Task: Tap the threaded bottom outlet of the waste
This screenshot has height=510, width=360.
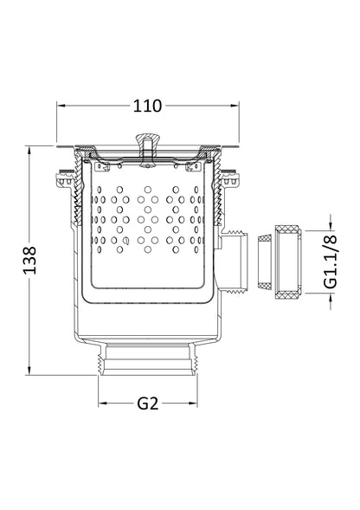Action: click(148, 360)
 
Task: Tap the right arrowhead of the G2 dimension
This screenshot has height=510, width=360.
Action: click(194, 403)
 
